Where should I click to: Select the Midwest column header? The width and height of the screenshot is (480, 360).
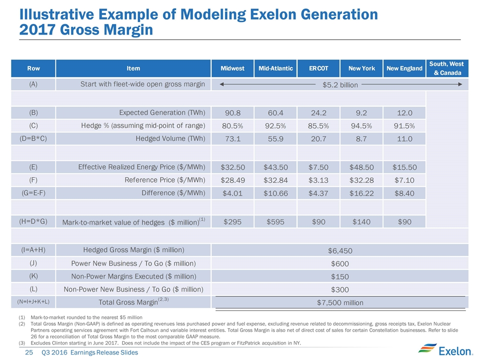click(232, 68)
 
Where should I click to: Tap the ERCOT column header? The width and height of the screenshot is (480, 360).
click(318, 68)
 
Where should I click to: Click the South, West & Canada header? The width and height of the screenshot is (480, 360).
click(447, 68)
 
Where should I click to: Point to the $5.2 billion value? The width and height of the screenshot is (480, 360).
click(340, 85)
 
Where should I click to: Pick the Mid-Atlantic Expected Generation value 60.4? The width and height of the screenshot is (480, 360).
click(275, 111)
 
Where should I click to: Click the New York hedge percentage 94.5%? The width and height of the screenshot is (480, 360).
click(361, 125)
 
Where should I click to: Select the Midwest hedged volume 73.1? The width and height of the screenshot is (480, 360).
click(232, 138)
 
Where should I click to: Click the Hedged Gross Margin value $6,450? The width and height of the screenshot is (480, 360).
click(340, 250)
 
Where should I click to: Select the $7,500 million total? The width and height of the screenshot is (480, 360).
click(340, 302)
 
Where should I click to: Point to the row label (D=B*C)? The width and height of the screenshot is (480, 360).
click(33, 138)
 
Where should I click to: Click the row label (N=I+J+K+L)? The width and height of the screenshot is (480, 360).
click(33, 302)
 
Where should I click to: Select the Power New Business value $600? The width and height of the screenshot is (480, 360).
click(340, 263)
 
